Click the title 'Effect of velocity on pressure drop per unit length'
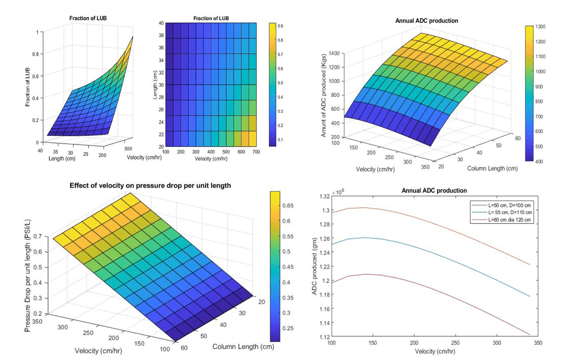pos(150,186)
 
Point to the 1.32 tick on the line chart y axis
pos(325,196)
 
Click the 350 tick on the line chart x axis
pos(538,343)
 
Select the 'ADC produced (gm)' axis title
pos(315,266)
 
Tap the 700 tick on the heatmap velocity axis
pos(256,152)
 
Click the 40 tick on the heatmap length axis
pos(161,23)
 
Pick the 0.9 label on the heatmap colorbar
pos(281,26)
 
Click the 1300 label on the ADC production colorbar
pos(540,27)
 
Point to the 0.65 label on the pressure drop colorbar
pos(288,206)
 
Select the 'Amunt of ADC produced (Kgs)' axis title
pos(323,96)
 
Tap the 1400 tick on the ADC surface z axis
pos(334,53)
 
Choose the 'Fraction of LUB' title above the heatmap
pos(211,18)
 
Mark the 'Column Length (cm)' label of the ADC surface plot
pos(492,169)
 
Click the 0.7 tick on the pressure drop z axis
pos(38,236)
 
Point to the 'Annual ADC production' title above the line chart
pos(434,191)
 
